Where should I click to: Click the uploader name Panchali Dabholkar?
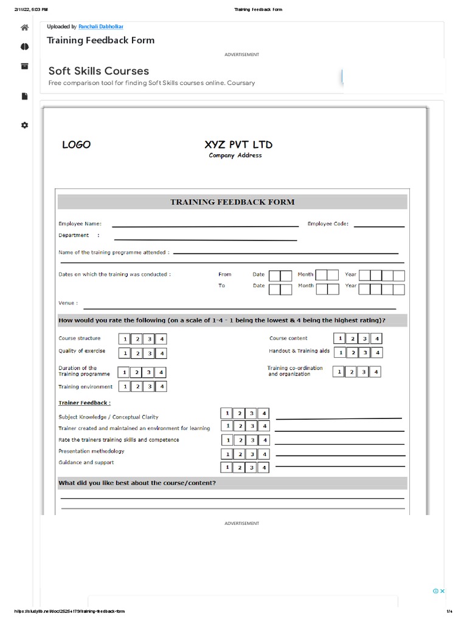tap(101, 27)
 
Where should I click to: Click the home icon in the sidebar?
tap(24, 27)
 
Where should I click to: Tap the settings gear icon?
tap(24, 125)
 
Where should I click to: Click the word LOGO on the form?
tap(76, 145)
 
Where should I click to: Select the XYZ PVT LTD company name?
tap(238, 145)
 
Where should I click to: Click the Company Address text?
tap(235, 155)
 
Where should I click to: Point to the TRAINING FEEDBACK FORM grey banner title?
tap(232, 202)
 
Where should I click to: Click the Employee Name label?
tap(80, 224)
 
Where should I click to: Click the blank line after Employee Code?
tap(379, 226)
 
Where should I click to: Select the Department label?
tap(74, 236)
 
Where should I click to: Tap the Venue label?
tap(67, 303)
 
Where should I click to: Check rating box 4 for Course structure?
tap(161, 340)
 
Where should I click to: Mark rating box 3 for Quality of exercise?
tap(149, 353)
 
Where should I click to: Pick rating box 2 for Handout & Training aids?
tap(352, 352)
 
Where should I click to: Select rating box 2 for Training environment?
tap(137, 386)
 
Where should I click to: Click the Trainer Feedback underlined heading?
tap(85, 403)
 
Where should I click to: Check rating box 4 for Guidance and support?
tap(263, 468)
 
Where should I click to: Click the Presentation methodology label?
tap(91, 451)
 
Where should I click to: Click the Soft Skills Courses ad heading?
tap(99, 71)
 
